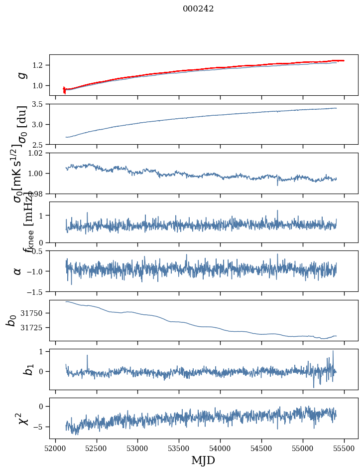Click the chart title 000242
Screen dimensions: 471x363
click(198, 8)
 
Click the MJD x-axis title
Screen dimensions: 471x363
click(203, 460)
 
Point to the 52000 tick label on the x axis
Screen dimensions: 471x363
click(55, 448)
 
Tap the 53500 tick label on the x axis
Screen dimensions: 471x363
click(179, 448)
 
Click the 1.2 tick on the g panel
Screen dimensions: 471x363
click(40, 65)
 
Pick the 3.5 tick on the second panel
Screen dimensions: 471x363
click(40, 104)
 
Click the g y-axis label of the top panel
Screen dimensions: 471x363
click(21, 75)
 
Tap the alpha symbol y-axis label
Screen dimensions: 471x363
click(18, 271)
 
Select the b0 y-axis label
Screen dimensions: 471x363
click(11, 320)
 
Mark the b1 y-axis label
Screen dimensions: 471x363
click(15, 369)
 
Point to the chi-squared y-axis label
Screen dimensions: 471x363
click(20, 418)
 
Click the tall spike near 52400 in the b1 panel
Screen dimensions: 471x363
click(87, 356)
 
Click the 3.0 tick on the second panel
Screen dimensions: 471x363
click(40, 124)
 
